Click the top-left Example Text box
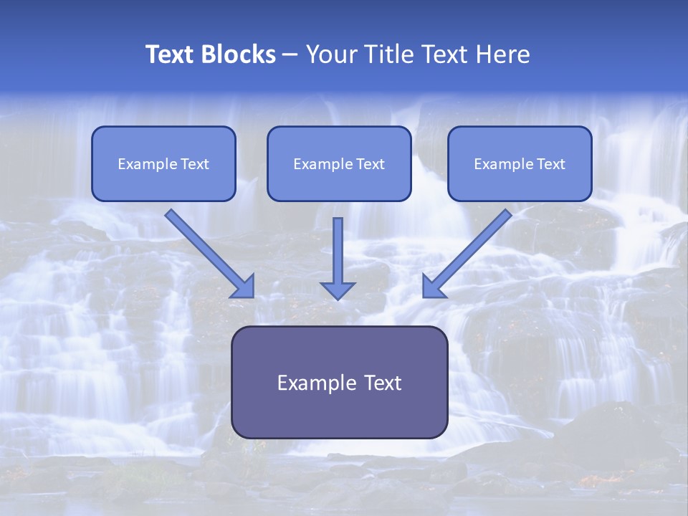pyautogui.click(x=163, y=164)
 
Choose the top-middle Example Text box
pyautogui.click(x=339, y=164)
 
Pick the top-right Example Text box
pyautogui.click(x=520, y=164)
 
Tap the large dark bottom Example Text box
pyautogui.click(x=339, y=383)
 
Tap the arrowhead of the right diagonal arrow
pyautogui.click(x=433, y=286)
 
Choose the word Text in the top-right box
pyautogui.click(x=551, y=164)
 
